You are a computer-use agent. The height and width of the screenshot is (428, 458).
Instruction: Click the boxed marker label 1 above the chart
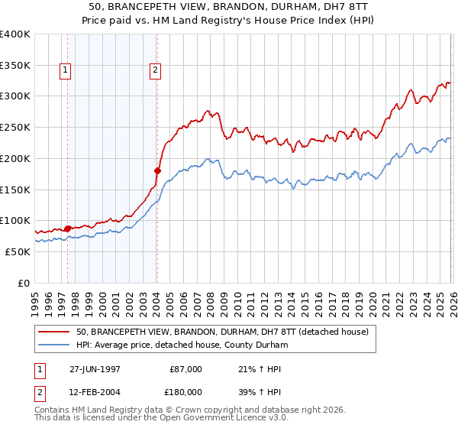pyautogui.click(x=64, y=71)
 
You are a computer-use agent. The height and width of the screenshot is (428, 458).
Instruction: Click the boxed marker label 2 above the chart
pyautogui.click(x=155, y=71)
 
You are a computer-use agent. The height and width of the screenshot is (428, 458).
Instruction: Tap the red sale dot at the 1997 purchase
pyautogui.click(x=67, y=228)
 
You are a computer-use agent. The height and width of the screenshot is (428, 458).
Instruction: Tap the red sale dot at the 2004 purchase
pyautogui.click(x=157, y=170)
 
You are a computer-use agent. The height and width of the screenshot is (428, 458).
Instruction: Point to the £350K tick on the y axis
pyautogui.click(x=15, y=65)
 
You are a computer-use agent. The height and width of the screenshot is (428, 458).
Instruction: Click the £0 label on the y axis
pyautogui.click(x=23, y=283)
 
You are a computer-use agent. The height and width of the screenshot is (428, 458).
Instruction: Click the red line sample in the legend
pyautogui.click(x=54, y=332)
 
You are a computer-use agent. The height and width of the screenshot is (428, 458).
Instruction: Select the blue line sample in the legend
pyautogui.click(x=54, y=345)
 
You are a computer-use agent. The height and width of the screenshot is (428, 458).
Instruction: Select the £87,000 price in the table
pyautogui.click(x=185, y=369)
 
